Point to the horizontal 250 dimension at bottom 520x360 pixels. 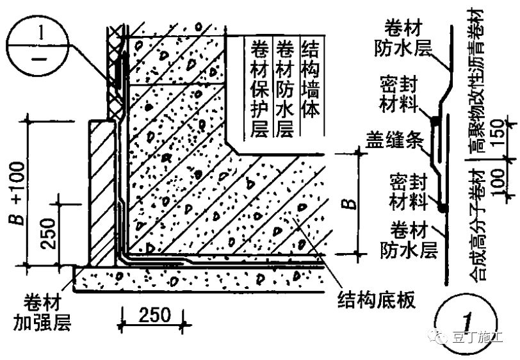(152, 315)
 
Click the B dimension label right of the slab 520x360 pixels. (346, 204)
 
